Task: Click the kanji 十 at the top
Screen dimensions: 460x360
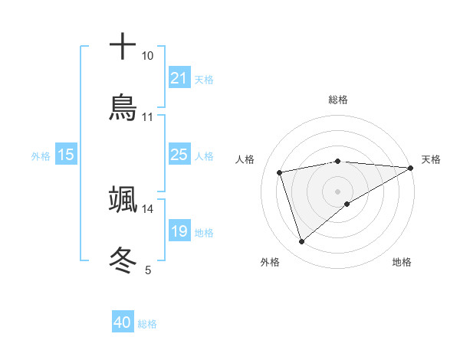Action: tap(123, 46)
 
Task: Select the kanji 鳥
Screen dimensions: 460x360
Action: tap(123, 108)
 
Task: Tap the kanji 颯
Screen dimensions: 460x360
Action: tap(123, 199)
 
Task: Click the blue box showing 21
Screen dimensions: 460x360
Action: tap(179, 77)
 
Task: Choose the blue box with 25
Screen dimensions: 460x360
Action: tap(179, 155)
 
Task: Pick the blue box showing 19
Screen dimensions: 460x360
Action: tap(179, 231)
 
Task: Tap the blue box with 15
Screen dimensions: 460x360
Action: tap(66, 155)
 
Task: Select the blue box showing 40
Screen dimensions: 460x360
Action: tap(123, 322)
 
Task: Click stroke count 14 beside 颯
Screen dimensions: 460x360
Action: tap(147, 208)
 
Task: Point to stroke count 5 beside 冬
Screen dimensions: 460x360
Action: tap(148, 270)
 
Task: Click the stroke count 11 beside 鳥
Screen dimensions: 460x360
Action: tap(147, 117)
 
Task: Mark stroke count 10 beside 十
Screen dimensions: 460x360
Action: tap(147, 56)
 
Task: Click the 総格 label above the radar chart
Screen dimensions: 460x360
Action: tap(338, 100)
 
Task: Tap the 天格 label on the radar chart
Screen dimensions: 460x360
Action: tap(431, 159)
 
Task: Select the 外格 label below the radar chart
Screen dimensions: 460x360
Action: tap(270, 262)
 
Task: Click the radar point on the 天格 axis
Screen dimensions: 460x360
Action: tap(411, 167)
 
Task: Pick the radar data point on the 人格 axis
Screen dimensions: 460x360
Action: tap(280, 172)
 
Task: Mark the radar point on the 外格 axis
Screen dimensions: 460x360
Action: tap(301, 242)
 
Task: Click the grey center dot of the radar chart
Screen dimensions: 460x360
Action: tap(338, 191)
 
